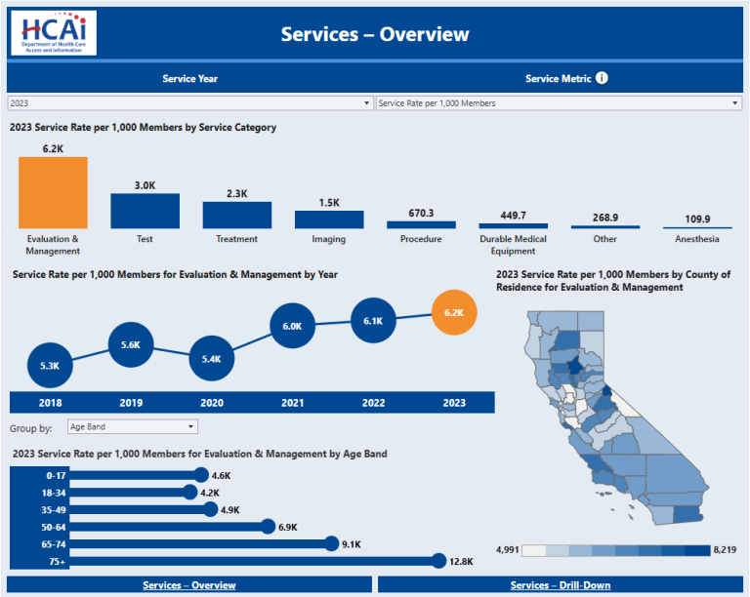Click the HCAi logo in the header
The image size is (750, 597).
click(x=54, y=32)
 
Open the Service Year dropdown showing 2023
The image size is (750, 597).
click(x=190, y=102)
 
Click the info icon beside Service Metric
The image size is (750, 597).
click(x=602, y=78)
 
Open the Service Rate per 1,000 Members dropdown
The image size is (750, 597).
click(x=559, y=102)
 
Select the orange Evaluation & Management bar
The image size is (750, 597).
click(x=53, y=192)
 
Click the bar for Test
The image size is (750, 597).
click(x=145, y=211)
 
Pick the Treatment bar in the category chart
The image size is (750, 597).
click(x=236, y=215)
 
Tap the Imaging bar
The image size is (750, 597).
click(x=329, y=219)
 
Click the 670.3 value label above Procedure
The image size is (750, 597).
click(x=421, y=213)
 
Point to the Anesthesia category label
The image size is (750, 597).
click(x=697, y=239)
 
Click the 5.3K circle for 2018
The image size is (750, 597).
click(x=51, y=366)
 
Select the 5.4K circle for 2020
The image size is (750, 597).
click(x=212, y=358)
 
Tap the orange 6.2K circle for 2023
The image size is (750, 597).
click(x=453, y=313)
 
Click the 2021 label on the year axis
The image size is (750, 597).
click(x=292, y=403)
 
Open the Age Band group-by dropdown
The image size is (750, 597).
click(x=132, y=426)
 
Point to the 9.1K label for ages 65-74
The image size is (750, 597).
click(x=354, y=544)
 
